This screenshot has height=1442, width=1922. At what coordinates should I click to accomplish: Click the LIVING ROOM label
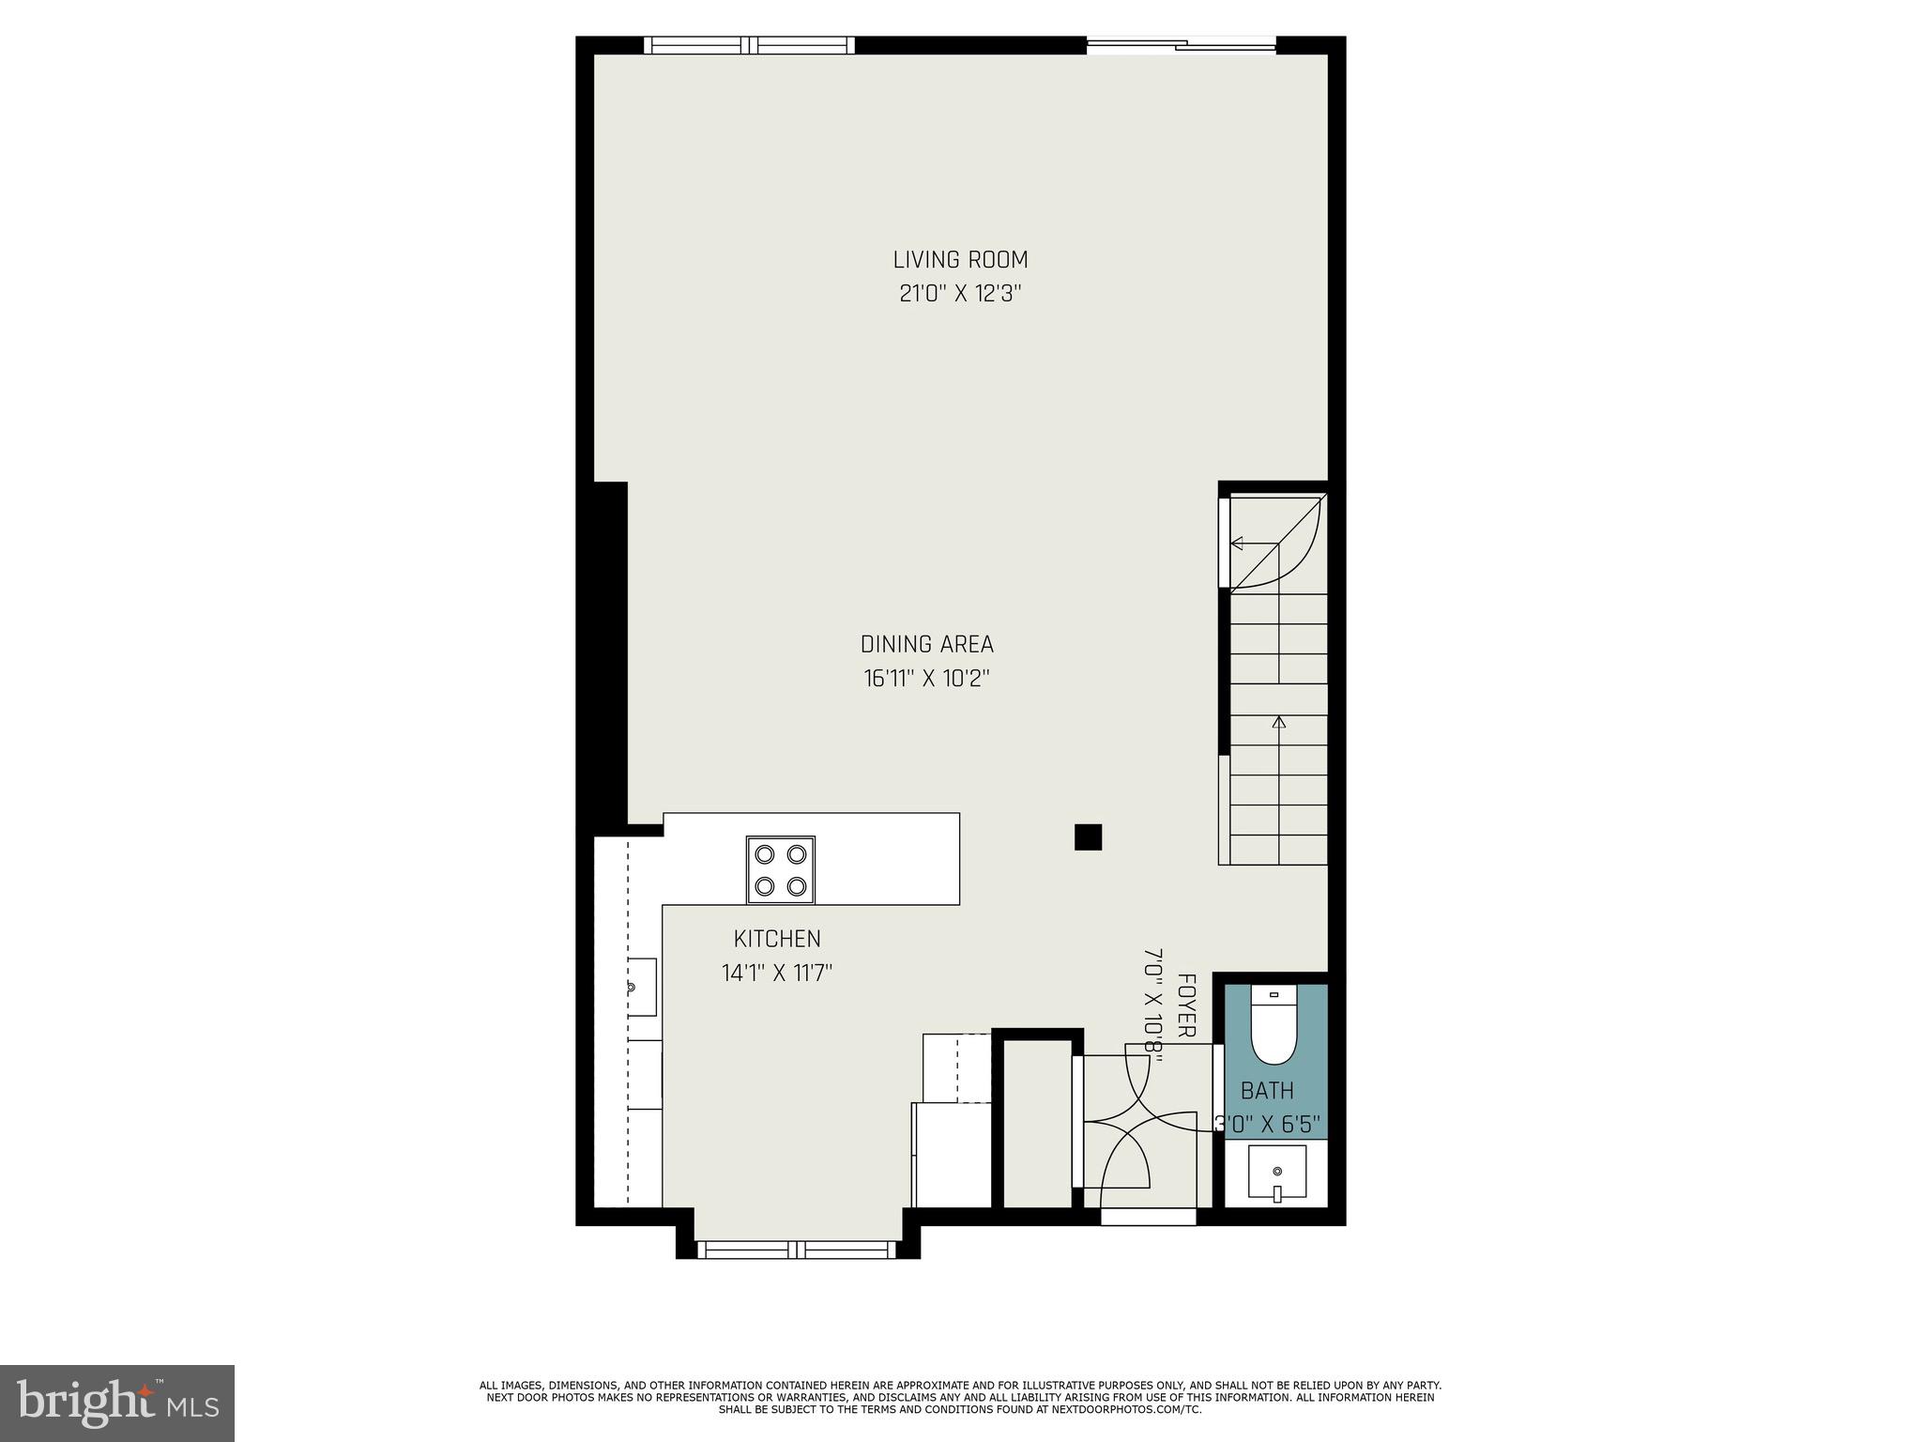[x=960, y=260]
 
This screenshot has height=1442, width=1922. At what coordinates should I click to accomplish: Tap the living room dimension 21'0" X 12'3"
[x=960, y=294]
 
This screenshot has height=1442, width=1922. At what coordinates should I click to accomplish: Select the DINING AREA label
[x=926, y=645]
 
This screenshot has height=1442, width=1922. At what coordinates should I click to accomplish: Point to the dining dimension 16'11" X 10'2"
[x=926, y=679]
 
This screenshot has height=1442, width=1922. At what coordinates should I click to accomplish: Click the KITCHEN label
[x=777, y=939]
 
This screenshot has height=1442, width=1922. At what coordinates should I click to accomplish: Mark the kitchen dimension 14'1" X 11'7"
[x=777, y=973]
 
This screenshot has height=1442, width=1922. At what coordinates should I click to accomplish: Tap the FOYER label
[x=1186, y=1005]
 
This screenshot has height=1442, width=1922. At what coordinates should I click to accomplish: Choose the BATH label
[x=1267, y=1091]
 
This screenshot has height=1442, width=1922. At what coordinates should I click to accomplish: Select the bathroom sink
[x=1276, y=1173]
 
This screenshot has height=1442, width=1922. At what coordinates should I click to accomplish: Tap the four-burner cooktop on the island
[x=781, y=870]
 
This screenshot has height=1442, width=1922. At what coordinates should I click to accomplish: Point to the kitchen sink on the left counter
[x=641, y=987]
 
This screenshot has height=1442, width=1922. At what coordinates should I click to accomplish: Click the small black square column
[x=1088, y=836]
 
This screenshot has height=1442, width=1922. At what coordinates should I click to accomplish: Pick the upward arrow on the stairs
[x=1278, y=722]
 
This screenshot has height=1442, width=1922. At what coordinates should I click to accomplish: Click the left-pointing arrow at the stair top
[x=1238, y=543]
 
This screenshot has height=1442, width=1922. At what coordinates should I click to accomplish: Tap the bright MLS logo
[x=116, y=1403]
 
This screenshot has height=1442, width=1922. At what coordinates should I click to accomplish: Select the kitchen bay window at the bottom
[x=798, y=1249]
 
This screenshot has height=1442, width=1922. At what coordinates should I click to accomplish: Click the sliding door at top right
[x=1181, y=44]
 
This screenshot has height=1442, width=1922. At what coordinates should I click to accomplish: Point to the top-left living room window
[x=749, y=44]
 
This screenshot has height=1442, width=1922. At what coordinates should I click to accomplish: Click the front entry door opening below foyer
[x=1149, y=1217]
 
